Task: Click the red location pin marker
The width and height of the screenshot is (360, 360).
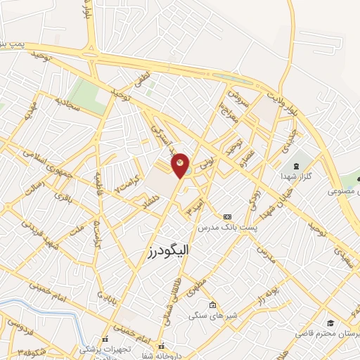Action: [x=180, y=165]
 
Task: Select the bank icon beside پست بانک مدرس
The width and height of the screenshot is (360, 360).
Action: [x=226, y=217]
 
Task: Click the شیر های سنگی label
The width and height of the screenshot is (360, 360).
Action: [x=213, y=316]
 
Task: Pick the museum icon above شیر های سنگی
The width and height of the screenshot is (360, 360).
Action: [x=213, y=305]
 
